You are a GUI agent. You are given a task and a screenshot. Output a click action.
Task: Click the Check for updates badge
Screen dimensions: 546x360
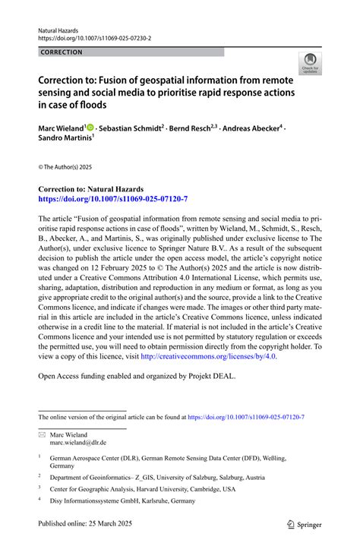click(x=309, y=63)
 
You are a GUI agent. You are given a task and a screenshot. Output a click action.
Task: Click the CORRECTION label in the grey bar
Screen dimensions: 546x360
click(x=62, y=52)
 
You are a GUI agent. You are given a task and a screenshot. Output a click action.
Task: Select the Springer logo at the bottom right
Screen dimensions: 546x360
click(x=304, y=524)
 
